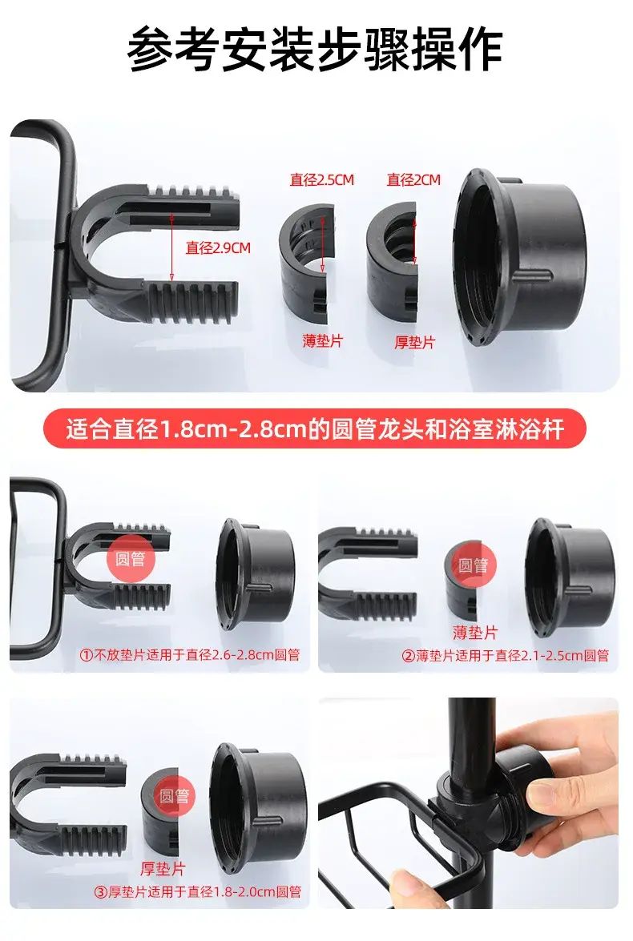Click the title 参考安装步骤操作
315,49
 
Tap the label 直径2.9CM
217,247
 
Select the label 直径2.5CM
322,179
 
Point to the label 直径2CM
413,179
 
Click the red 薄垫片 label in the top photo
322,341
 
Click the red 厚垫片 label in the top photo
414,342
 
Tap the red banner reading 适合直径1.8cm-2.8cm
314,429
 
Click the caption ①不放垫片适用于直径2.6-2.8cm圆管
190,655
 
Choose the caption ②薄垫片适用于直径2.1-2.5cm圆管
505,655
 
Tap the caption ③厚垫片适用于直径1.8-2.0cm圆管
197,892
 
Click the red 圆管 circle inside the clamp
131,559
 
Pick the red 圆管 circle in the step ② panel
474,565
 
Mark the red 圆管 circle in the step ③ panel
174,796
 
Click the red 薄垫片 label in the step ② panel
475,633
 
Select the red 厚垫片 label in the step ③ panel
163,868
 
